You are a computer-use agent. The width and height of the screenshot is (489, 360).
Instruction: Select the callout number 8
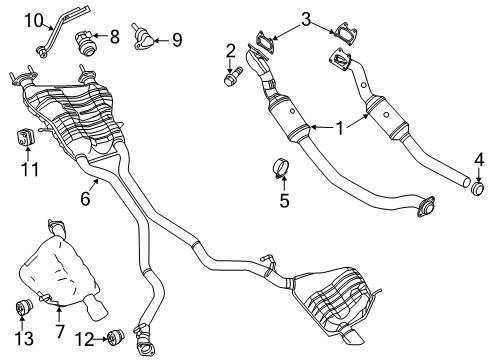coord(114,37)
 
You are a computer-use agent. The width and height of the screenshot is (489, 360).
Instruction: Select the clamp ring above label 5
coord(282,167)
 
